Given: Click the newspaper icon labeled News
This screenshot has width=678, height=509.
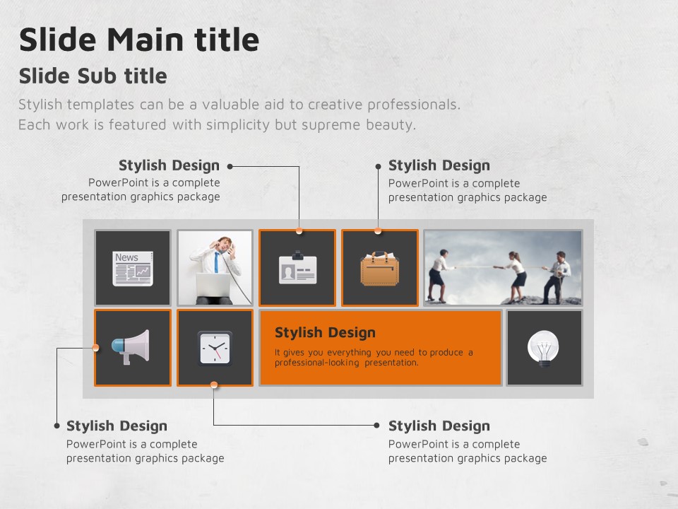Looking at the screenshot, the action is [133, 269].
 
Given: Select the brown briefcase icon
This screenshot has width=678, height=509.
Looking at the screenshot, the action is [380, 269].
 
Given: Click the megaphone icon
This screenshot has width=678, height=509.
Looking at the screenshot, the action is [131, 347].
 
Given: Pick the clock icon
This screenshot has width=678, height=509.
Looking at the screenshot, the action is [215, 348].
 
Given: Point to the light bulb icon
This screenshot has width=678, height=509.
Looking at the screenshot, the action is [544, 349].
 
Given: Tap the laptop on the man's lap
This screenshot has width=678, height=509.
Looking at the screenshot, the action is [213, 285].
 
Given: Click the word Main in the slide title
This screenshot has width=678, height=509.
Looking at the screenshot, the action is [145, 40].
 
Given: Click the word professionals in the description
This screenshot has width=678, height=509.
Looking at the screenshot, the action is [414, 105].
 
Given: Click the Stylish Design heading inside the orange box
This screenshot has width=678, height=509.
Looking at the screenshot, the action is [325, 332].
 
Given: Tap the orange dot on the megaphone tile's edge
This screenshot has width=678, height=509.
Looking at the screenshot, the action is [95, 348].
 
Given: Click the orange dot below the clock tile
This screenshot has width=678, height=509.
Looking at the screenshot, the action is [213, 385].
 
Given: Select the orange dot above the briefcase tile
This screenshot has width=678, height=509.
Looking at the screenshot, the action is [378, 231].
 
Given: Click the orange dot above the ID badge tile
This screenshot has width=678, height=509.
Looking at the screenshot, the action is [299, 231].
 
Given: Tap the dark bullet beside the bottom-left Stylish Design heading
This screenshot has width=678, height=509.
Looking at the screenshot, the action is [56, 426].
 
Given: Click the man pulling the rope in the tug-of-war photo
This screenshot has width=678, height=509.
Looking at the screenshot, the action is [557, 277].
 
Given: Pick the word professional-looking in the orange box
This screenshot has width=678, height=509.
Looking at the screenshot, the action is [317, 363].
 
